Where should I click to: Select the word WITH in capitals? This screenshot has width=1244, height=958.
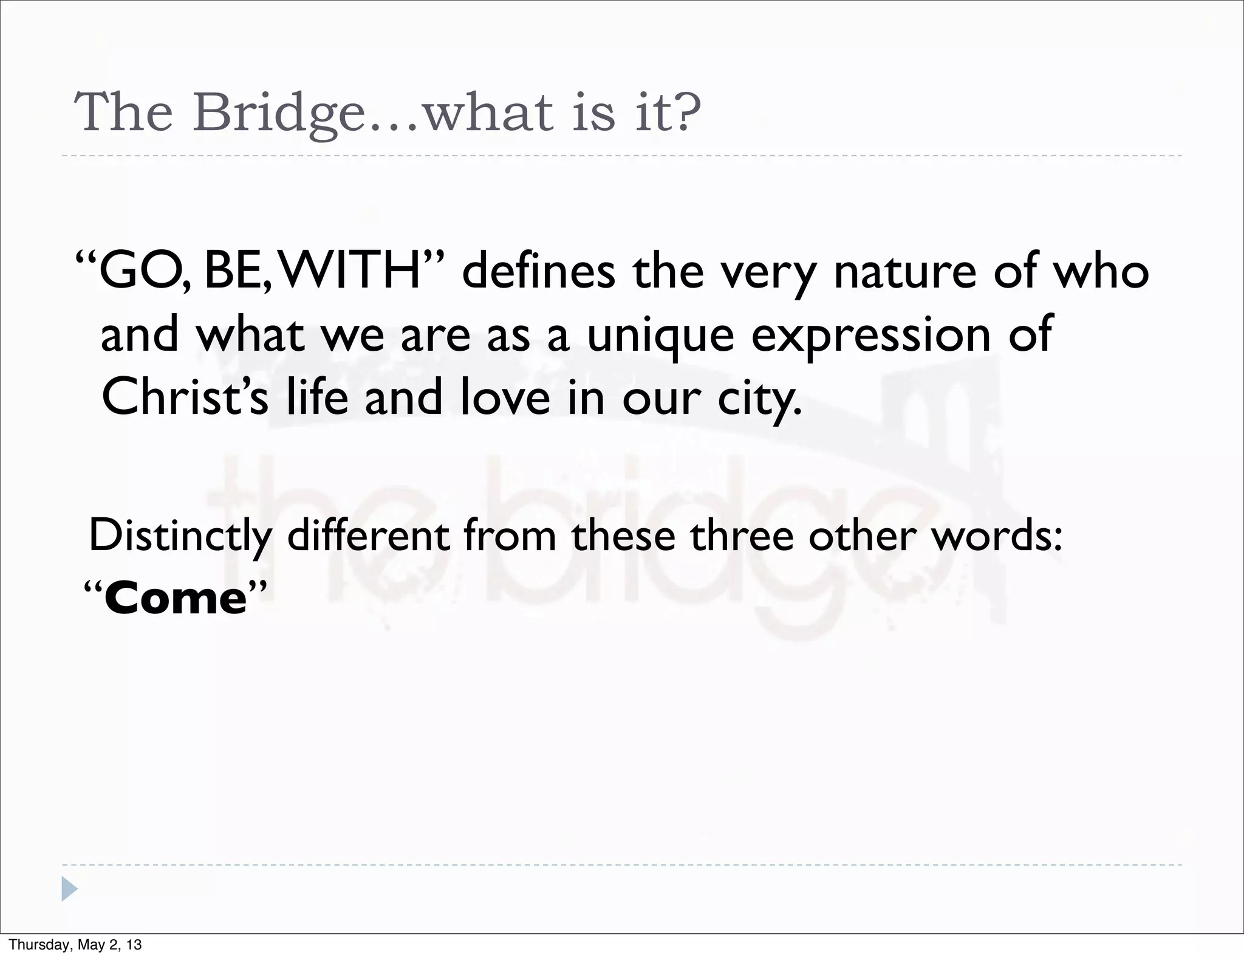tap(352, 271)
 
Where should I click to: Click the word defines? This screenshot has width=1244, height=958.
tap(538, 271)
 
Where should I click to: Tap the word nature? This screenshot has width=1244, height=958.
tap(905, 271)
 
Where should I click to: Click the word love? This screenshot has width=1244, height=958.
tap(505, 397)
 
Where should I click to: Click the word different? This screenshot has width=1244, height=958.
tap(368, 536)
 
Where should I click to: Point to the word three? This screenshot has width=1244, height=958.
tap(741, 536)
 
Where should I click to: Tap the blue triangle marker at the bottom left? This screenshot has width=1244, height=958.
tap(69, 889)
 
